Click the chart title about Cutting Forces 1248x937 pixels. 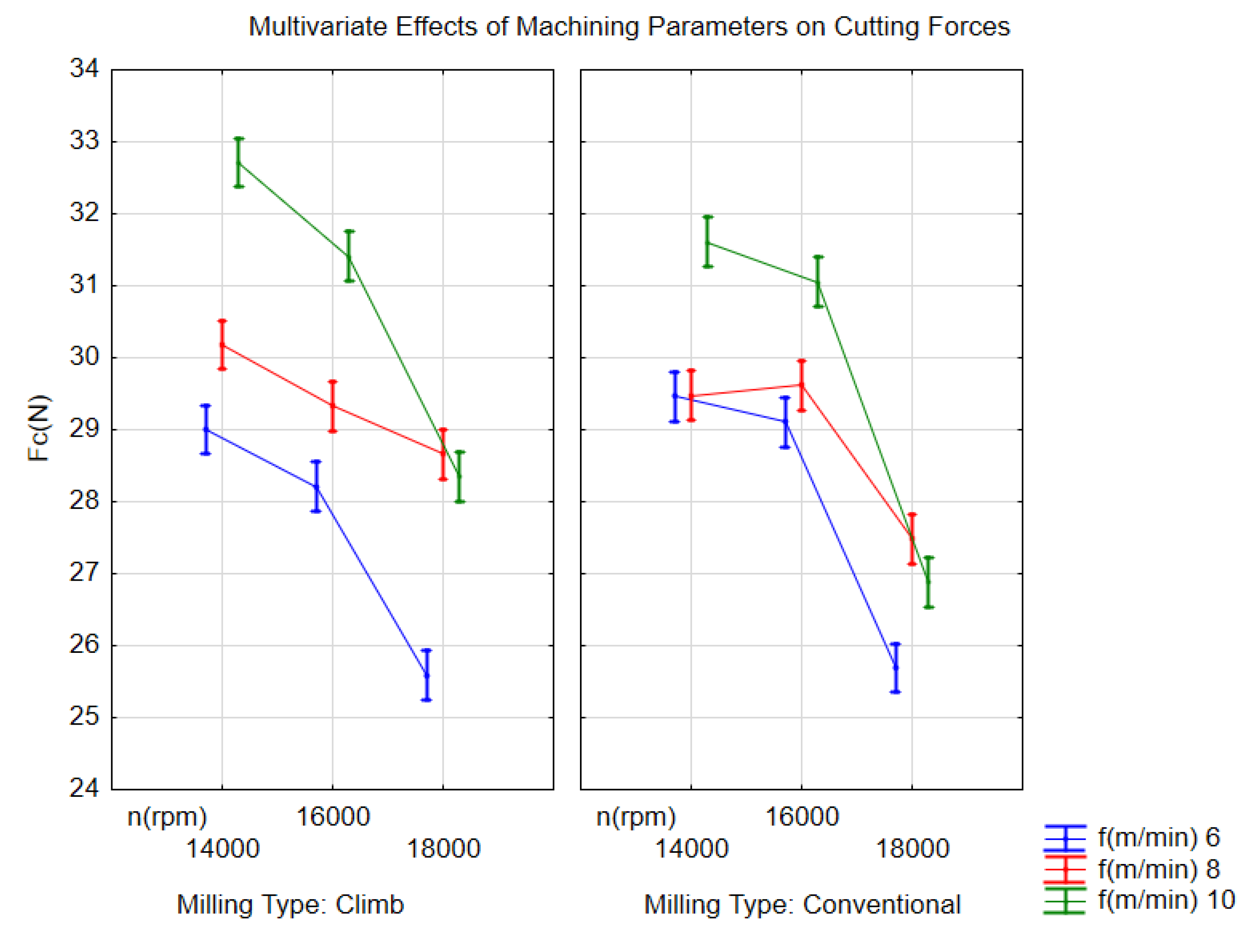pyautogui.click(x=629, y=27)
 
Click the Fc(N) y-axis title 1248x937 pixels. pyautogui.click(x=39, y=428)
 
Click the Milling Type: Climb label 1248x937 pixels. pyautogui.click(x=290, y=904)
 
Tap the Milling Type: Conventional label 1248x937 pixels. pyautogui.click(x=802, y=904)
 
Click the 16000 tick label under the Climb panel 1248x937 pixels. pyautogui.click(x=332, y=816)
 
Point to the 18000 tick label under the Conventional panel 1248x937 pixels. pyautogui.click(x=912, y=849)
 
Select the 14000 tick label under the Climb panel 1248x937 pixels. pyautogui.click(x=222, y=849)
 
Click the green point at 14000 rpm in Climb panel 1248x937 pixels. pyautogui.click(x=239, y=162)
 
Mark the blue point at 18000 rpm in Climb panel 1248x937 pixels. pyautogui.click(x=426, y=675)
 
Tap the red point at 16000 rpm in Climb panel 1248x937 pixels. pyautogui.click(x=333, y=406)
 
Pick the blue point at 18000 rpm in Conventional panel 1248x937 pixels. pyautogui.click(x=896, y=667)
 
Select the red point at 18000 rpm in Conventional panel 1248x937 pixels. pyautogui.click(x=912, y=538)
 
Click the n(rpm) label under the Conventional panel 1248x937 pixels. pyautogui.click(x=635, y=816)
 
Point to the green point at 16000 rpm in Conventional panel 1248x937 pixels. pyautogui.click(x=817, y=282)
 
